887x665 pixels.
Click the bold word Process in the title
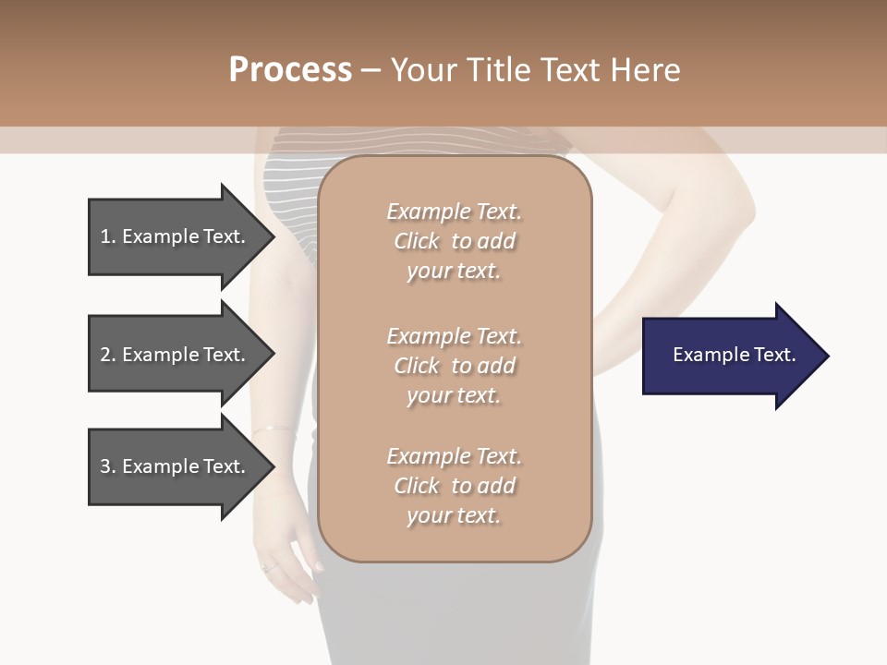290,70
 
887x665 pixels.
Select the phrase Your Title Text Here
535,70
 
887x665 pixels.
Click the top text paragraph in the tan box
454,241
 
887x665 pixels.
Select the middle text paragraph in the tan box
454,366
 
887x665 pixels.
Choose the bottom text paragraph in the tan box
454,486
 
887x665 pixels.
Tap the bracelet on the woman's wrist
273,429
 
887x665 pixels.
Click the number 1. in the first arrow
107,236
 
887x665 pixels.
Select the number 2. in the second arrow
107,355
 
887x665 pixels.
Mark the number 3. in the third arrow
107,466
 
